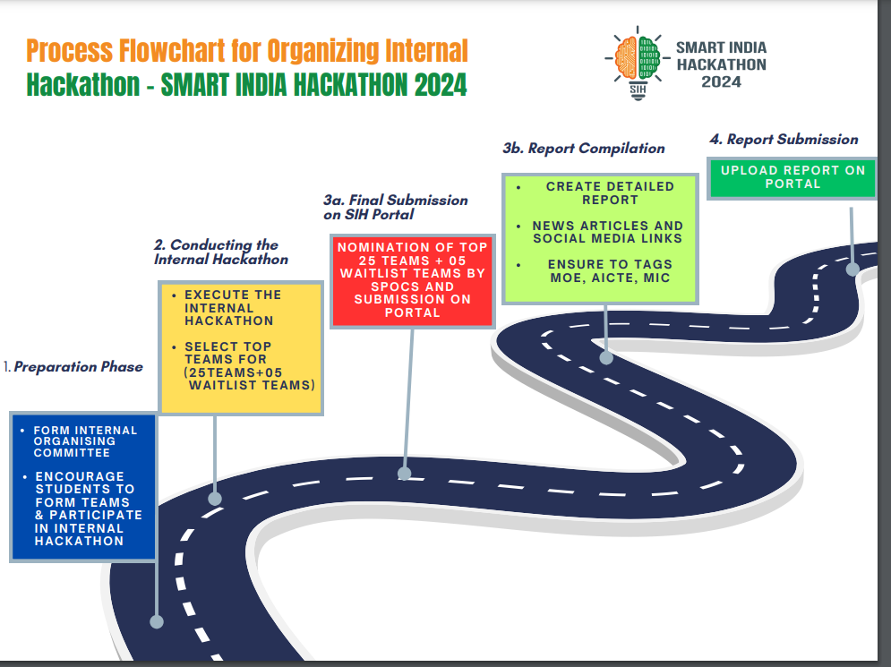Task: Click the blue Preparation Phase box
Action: point(82,486)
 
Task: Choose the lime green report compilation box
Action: point(599,238)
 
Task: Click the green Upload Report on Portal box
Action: point(792,177)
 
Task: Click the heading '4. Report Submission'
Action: point(784,139)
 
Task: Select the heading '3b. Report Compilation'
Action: point(584,148)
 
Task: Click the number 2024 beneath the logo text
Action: point(721,81)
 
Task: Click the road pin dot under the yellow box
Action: point(215,498)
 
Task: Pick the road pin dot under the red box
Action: point(405,473)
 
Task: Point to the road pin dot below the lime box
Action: point(606,357)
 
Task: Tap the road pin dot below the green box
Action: point(852,268)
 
